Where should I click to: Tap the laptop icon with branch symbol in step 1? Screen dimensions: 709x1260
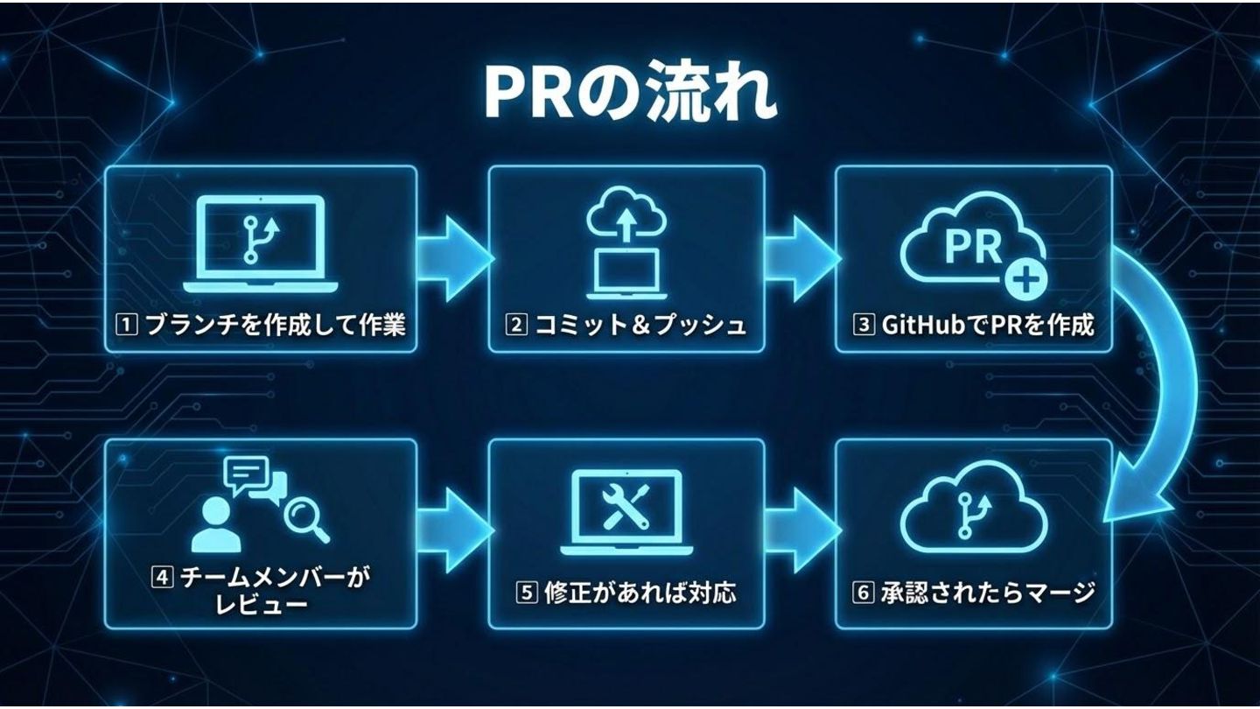260,244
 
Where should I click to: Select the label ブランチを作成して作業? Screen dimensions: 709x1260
274,326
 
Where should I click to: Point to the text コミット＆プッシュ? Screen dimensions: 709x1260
639,326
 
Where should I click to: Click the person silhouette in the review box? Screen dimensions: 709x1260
213,525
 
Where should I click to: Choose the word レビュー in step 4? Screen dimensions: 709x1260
261,603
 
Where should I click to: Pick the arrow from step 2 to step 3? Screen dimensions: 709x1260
801,259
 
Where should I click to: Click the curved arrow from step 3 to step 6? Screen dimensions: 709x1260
1159,376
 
